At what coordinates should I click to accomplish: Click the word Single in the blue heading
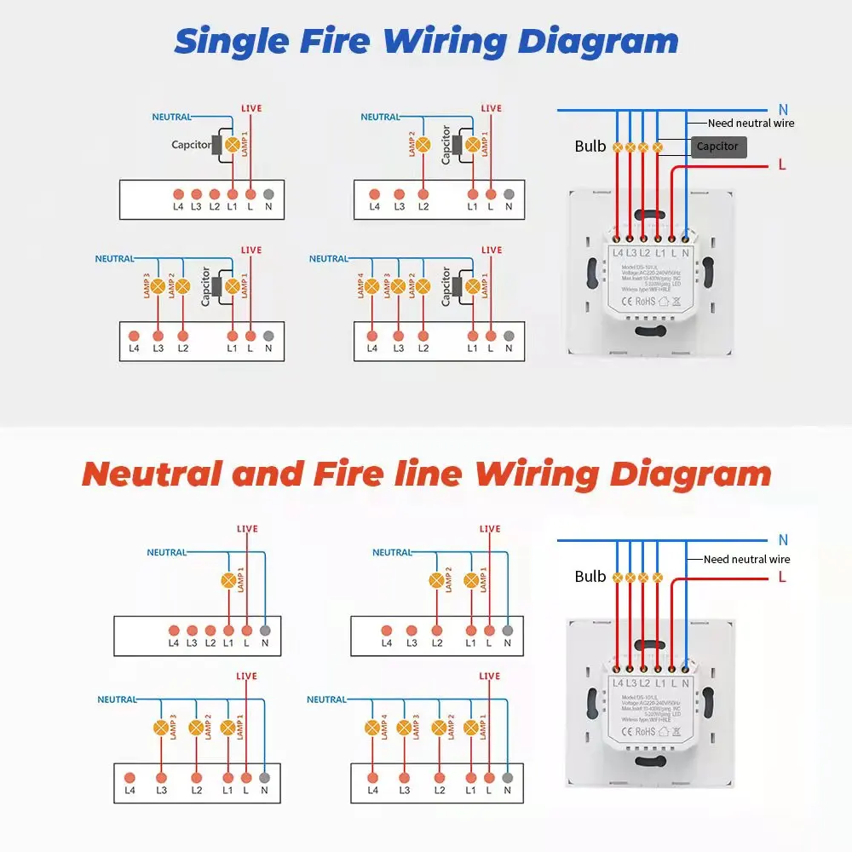point(226,41)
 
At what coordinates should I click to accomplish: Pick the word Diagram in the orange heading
point(690,474)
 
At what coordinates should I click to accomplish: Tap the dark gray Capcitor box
point(717,147)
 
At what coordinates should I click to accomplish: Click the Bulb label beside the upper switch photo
point(590,147)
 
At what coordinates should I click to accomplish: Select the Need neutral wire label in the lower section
point(746,560)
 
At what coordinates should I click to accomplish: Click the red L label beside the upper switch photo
point(782,165)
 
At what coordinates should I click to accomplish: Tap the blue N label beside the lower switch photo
point(783,540)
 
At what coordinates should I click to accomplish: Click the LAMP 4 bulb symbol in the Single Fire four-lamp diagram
point(371,287)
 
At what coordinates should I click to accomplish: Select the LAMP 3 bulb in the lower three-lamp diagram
point(160,728)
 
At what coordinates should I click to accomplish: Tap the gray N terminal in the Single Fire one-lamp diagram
point(268,194)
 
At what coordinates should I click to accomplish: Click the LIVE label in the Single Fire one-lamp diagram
point(251,108)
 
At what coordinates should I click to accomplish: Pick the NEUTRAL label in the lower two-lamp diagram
point(392,552)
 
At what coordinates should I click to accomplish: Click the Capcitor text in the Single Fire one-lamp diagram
point(191,145)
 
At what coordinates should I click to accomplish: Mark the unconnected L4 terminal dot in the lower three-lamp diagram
point(130,777)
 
